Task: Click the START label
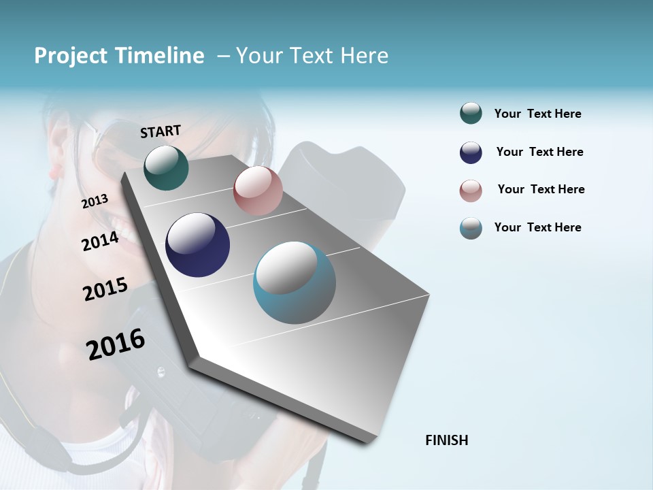[x=161, y=131]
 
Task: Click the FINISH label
[x=446, y=440]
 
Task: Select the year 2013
[x=95, y=201]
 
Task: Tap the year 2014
[x=100, y=241]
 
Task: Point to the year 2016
[x=116, y=344]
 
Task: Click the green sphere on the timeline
[x=166, y=167]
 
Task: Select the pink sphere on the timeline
[x=258, y=191]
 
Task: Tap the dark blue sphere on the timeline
[x=197, y=245]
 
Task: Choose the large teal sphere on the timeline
[x=294, y=282]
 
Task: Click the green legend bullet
[x=471, y=114]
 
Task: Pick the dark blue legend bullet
[x=471, y=152]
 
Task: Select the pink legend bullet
[x=471, y=191]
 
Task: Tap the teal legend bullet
[x=471, y=228]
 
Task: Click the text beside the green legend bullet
[x=537, y=114]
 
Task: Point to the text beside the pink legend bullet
[x=541, y=189]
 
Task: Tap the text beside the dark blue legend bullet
[x=539, y=152]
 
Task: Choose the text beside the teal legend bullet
[x=537, y=227]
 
